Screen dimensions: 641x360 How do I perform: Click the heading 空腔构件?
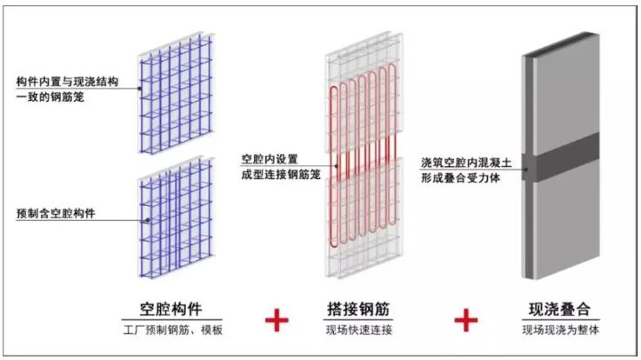pyautogui.click(x=170, y=309)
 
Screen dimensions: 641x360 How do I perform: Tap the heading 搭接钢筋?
pyautogui.click(x=358, y=309)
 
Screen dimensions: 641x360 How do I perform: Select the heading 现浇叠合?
pyautogui.click(x=559, y=309)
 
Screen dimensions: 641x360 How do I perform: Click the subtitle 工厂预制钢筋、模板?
pyautogui.click(x=173, y=330)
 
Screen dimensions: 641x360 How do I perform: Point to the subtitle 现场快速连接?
pyautogui.click(x=359, y=330)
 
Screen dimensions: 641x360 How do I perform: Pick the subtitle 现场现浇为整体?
pyautogui.click(x=560, y=330)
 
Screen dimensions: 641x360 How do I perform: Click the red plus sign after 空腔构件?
pyautogui.click(x=277, y=320)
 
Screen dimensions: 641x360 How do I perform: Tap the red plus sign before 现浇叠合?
pyautogui.click(x=466, y=320)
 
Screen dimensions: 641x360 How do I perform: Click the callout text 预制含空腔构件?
pyautogui.click(x=56, y=213)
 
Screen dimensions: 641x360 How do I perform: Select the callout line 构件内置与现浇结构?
pyautogui.click(x=68, y=82)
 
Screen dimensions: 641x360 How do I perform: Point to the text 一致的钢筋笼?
pyautogui.click(x=50, y=97)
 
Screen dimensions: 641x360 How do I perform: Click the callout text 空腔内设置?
pyautogui.click(x=270, y=159)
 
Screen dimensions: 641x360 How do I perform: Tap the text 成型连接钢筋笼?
pyautogui.click(x=281, y=175)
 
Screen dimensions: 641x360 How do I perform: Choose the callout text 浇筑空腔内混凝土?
pyautogui.click(x=466, y=163)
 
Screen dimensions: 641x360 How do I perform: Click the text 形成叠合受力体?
pyautogui.click(x=461, y=178)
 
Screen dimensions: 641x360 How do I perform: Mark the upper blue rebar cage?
pyautogui.click(x=177, y=94)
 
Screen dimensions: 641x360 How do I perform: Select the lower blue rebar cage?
pyautogui.click(x=177, y=217)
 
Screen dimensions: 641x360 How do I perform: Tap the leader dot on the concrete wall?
pyautogui.click(x=526, y=170)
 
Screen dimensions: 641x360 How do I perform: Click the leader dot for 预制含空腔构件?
pyautogui.click(x=148, y=220)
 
